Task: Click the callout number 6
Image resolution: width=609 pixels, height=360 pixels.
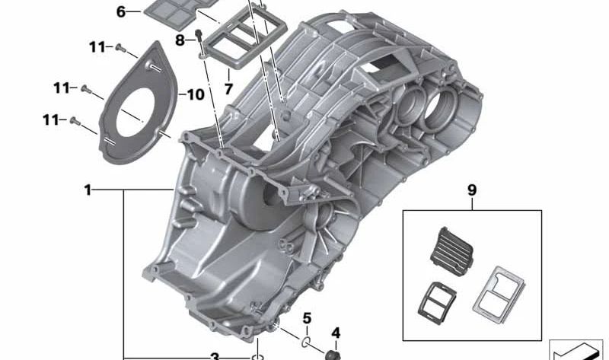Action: click(121, 12)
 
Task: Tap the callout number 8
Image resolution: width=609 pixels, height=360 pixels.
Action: click(180, 40)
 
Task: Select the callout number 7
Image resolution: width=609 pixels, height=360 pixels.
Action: click(228, 89)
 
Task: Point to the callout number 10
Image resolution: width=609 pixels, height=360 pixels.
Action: click(195, 94)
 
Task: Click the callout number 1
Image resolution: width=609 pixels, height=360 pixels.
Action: click(88, 190)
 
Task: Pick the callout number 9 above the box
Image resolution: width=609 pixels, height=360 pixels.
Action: click(472, 190)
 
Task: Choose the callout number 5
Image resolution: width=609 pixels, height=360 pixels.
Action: click(307, 318)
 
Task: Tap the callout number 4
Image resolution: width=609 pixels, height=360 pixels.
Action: click(336, 333)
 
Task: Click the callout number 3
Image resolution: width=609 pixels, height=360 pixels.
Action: click(215, 356)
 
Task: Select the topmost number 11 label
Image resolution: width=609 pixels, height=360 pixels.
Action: click(97, 47)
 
